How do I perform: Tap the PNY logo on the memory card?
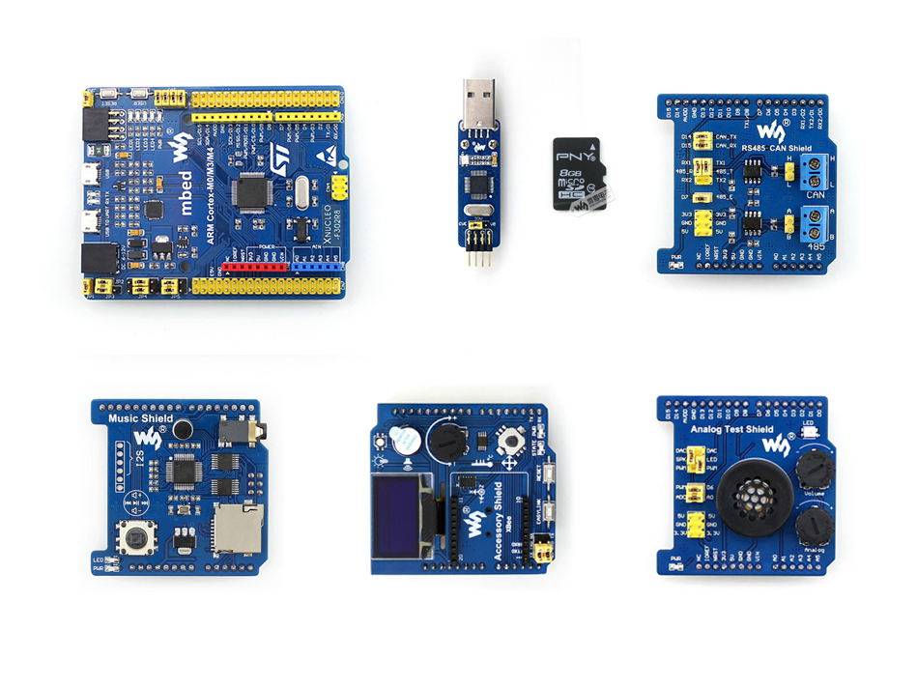point(577,154)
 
